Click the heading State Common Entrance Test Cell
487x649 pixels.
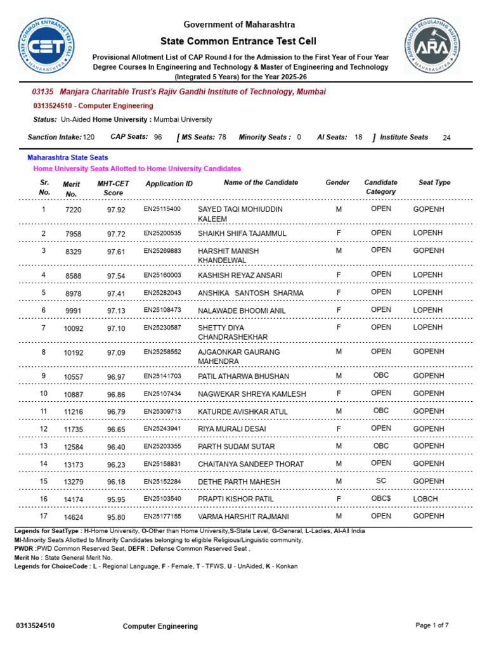click(x=239, y=41)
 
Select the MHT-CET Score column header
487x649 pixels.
click(x=113, y=188)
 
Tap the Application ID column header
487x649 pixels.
click(x=169, y=184)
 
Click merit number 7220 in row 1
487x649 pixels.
click(x=73, y=210)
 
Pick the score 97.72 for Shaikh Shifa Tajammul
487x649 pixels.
click(x=116, y=234)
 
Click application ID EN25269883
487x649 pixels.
click(x=162, y=251)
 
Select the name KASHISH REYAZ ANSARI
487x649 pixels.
click(x=240, y=276)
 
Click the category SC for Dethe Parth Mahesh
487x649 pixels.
click(x=381, y=481)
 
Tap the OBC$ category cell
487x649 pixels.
click(x=381, y=499)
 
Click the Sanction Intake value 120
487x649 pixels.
click(x=89, y=137)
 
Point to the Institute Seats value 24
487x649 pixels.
click(x=446, y=138)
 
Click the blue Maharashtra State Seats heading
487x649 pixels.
click(x=67, y=157)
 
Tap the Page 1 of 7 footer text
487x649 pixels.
click(x=432, y=626)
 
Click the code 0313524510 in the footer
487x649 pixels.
click(x=35, y=626)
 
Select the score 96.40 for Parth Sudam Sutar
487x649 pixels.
click(x=116, y=447)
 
